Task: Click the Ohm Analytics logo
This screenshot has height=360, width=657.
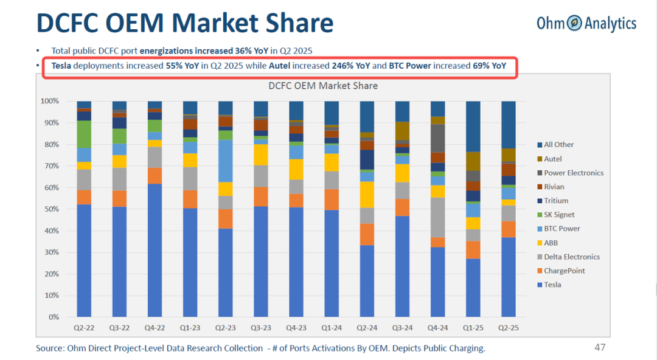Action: click(586, 24)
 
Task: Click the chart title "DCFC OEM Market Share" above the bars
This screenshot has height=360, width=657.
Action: click(323, 86)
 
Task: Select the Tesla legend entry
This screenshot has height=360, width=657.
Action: click(552, 285)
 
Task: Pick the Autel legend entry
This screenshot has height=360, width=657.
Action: click(553, 159)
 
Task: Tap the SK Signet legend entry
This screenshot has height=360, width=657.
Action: click(559, 215)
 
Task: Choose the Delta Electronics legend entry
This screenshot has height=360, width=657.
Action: click(572, 257)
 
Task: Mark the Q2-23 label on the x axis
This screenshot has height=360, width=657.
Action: click(225, 327)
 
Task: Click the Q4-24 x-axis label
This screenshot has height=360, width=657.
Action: click(437, 327)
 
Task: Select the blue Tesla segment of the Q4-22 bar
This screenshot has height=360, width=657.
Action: click(155, 249)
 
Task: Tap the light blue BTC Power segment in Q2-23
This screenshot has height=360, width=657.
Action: click(226, 161)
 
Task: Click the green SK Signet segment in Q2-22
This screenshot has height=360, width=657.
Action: click(84, 134)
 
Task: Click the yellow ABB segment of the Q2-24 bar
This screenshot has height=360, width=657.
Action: click(367, 195)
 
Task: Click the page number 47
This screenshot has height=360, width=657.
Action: click(600, 347)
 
